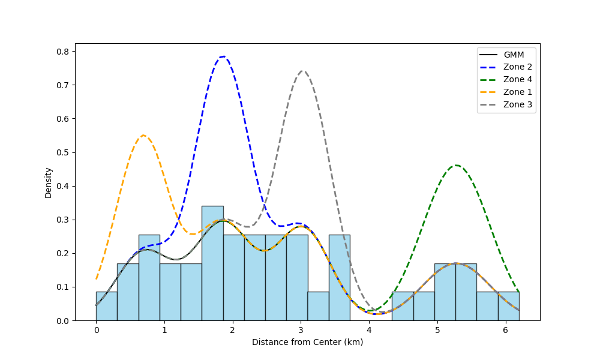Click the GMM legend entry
pos(514,55)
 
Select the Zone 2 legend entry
pos(517,67)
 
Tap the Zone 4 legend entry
pos(517,80)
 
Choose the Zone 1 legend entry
pos(517,92)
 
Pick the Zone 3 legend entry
pos(517,104)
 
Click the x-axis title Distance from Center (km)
pos(307,343)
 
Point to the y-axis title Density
pos(48,182)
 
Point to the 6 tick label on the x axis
pos(505,331)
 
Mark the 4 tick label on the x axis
pos(369,331)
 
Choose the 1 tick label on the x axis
pos(164,331)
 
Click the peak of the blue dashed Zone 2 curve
pos(223,56)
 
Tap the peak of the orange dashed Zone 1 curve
pos(143,135)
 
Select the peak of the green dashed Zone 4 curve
pos(455,165)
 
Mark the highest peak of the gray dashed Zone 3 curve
pos(302,71)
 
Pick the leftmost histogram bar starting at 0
pos(106,306)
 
